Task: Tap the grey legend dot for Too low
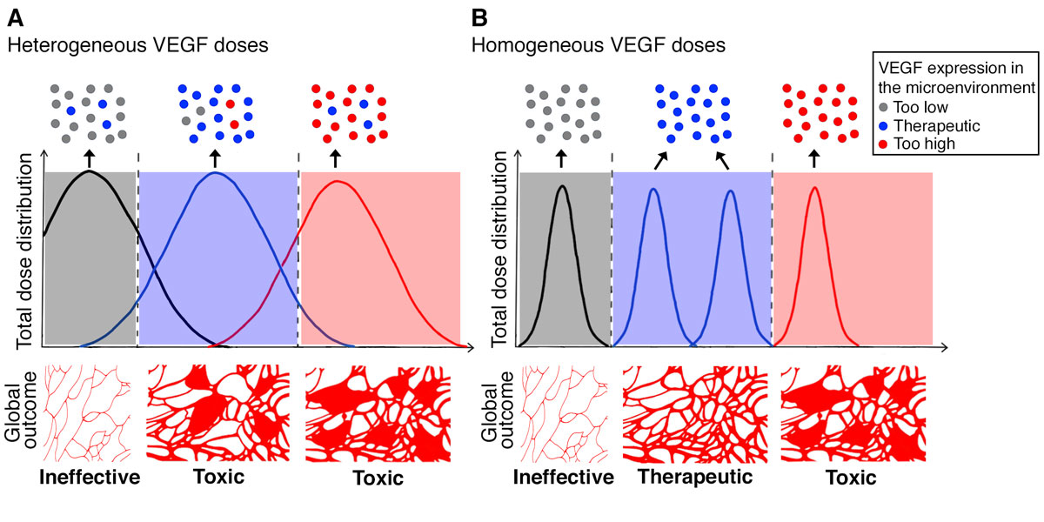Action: (883, 108)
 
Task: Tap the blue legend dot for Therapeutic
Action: (883, 126)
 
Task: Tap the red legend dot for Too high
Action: (883, 144)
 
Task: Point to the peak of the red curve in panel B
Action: (814, 187)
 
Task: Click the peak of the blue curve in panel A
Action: (216, 172)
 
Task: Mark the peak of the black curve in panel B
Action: (562, 185)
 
